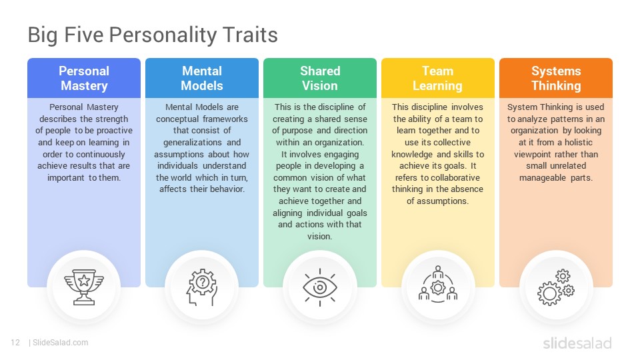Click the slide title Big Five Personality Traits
point(153,35)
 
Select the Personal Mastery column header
point(84,78)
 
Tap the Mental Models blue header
point(202,78)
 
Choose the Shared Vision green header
point(320,78)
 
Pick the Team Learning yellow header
point(438,78)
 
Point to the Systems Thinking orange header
point(556,78)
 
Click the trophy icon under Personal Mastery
point(84,287)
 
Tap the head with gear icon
point(202,287)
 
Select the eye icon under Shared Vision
point(320,287)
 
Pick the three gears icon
point(556,287)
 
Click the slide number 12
point(15,343)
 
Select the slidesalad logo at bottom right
point(577,343)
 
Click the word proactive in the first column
point(115,131)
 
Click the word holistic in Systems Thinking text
point(579,143)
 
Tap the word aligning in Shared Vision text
point(287,213)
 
